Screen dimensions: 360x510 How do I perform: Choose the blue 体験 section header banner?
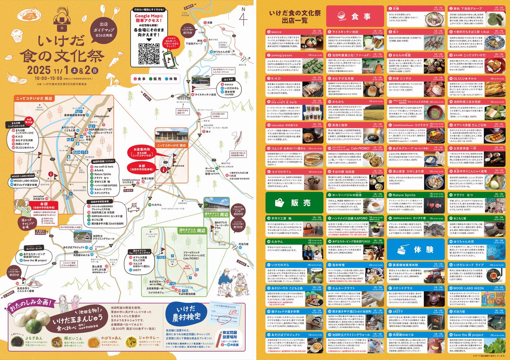415,249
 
